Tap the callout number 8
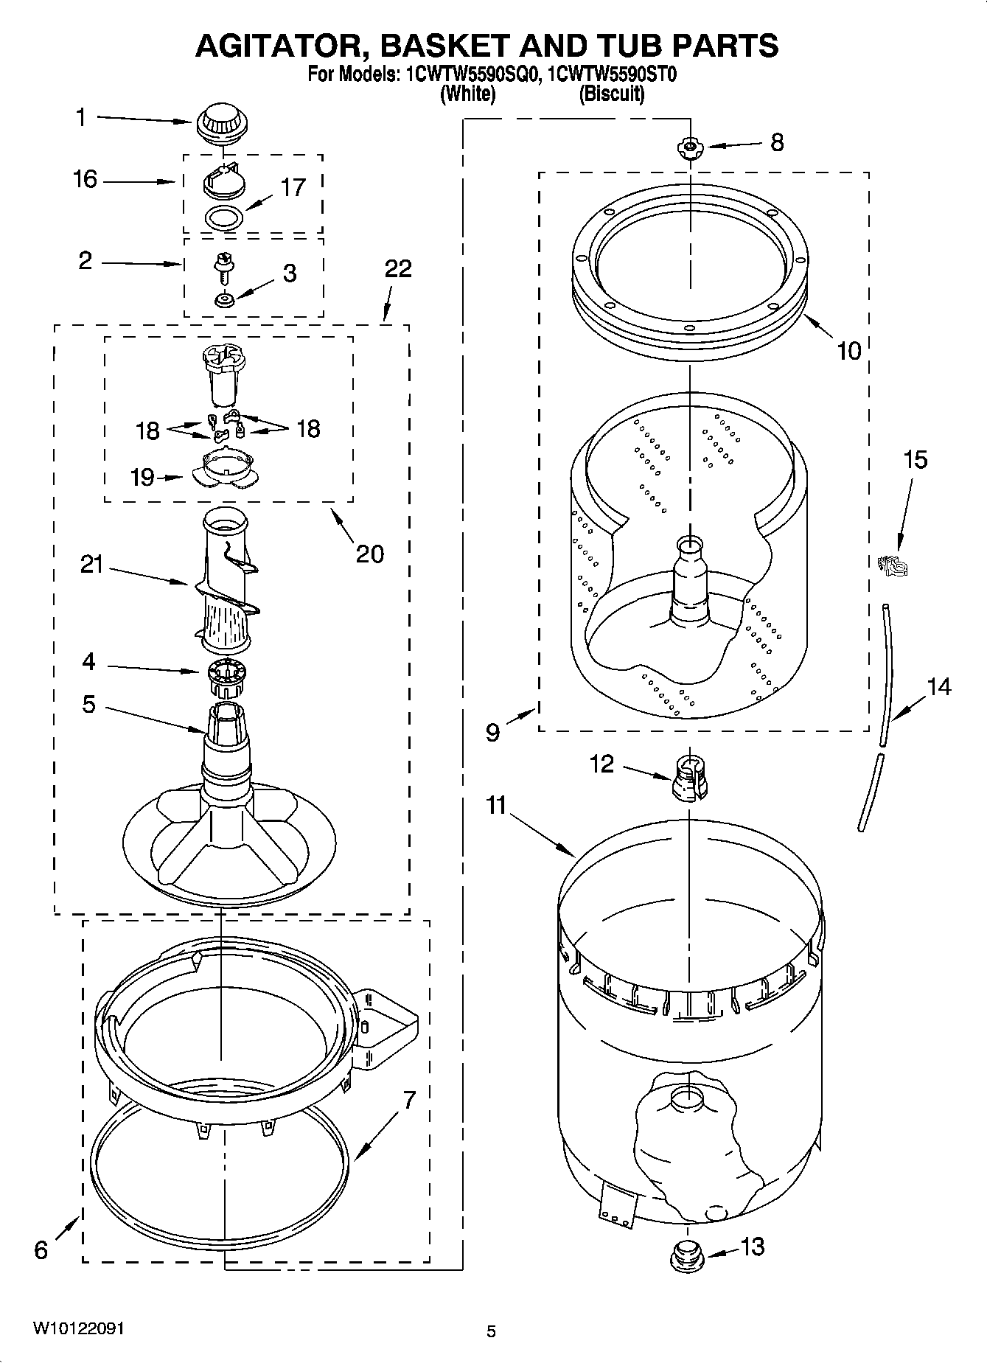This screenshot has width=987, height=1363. click(777, 142)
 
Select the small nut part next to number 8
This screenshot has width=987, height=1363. click(690, 147)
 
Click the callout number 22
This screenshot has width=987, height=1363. click(398, 268)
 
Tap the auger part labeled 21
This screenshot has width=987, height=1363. click(226, 582)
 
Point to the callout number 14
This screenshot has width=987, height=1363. click(938, 687)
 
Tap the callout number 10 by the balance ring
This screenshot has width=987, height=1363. click(849, 351)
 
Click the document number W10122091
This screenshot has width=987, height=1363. click(78, 1329)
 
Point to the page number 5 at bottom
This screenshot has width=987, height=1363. click(491, 1331)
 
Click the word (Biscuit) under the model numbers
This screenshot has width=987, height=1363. click(612, 94)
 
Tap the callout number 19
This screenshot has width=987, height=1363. click(142, 477)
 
